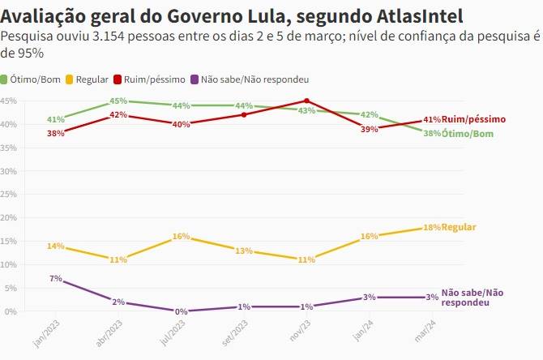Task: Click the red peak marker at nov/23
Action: click(x=306, y=101)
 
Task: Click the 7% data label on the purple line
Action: click(x=56, y=279)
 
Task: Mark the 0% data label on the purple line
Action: click(x=182, y=311)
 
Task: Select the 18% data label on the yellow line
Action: click(x=432, y=228)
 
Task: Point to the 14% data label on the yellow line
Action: click(x=56, y=246)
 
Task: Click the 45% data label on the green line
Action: click(x=118, y=101)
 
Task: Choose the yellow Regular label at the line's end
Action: click(x=459, y=227)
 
